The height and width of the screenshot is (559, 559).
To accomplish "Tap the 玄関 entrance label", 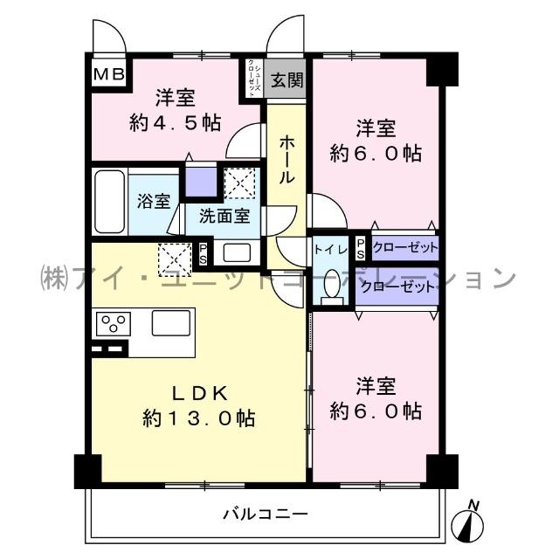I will [x=286, y=81].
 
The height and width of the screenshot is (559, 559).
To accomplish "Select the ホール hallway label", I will [x=286, y=158].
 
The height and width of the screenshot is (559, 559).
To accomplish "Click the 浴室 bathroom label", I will [x=153, y=201].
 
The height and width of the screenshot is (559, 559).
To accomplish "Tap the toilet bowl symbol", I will [x=331, y=286].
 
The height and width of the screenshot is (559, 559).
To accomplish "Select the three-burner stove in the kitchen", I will [x=114, y=324].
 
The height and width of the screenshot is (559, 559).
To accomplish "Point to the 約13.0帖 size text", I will [x=199, y=418].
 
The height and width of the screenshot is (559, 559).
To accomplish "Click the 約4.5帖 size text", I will [x=175, y=121].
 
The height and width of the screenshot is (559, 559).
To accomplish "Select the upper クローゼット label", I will [x=404, y=248].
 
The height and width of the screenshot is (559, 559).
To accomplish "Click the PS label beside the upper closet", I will [x=360, y=248].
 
